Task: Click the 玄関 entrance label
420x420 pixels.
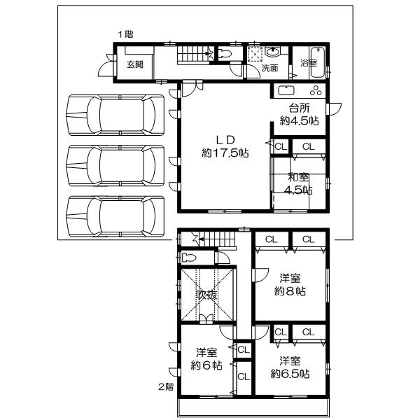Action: point(135,64)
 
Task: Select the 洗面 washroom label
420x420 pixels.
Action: point(269,69)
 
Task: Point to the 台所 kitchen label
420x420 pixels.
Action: point(299,108)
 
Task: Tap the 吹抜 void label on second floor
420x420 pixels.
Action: point(206,295)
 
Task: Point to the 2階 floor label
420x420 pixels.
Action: point(166,386)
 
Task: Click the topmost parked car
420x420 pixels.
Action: point(114,116)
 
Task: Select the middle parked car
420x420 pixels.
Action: point(114,167)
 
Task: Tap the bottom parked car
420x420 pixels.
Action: point(114,217)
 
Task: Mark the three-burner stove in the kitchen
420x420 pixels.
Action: point(314,90)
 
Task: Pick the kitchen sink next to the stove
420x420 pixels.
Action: point(287,90)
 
